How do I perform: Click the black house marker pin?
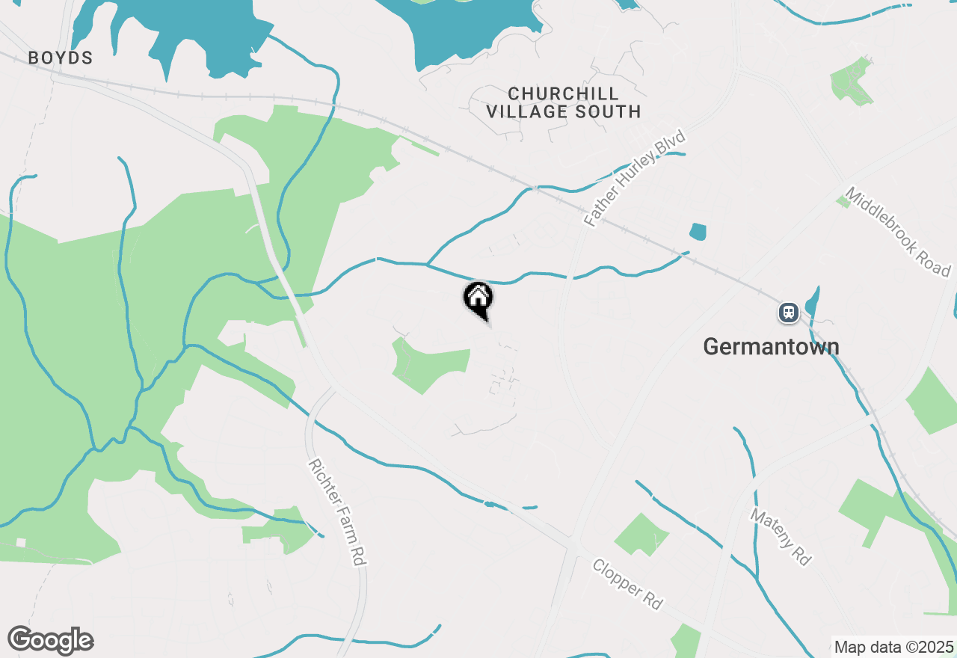point(478,299)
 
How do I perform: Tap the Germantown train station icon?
point(788,312)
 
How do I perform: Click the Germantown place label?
point(771,347)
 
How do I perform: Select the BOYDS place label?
point(61,58)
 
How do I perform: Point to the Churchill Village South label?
point(564,103)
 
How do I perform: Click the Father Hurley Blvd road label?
point(635,179)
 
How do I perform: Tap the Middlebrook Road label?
point(897,232)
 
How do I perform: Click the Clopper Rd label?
point(627,583)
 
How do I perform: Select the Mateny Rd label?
point(781,537)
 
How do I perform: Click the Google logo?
point(50,641)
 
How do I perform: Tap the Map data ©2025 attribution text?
point(893,647)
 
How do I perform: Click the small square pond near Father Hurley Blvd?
point(698,232)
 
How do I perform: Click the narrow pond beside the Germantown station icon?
point(812,301)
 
